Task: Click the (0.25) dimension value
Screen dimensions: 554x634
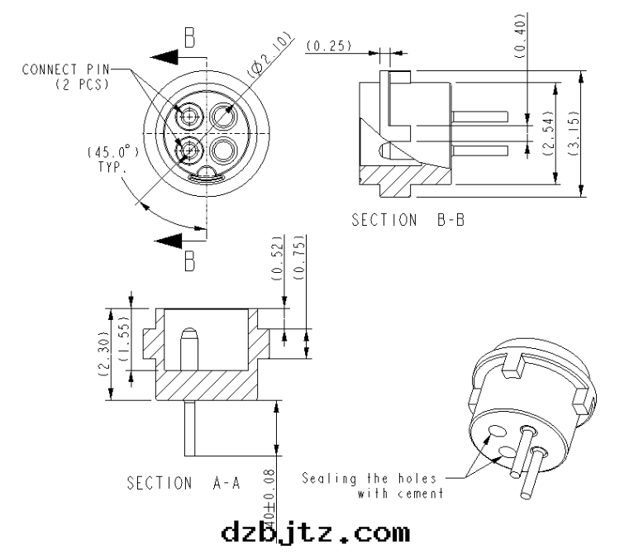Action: point(328,45)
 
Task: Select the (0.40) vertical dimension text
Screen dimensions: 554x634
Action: point(520,35)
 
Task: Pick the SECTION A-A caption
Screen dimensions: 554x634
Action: point(184,483)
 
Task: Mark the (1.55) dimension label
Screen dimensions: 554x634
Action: point(124,339)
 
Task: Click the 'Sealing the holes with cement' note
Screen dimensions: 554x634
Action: point(373,485)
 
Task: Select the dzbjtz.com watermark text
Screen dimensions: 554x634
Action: point(316,531)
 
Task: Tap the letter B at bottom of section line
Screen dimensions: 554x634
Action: point(189,262)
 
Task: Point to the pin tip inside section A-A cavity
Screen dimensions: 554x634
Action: point(188,336)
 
